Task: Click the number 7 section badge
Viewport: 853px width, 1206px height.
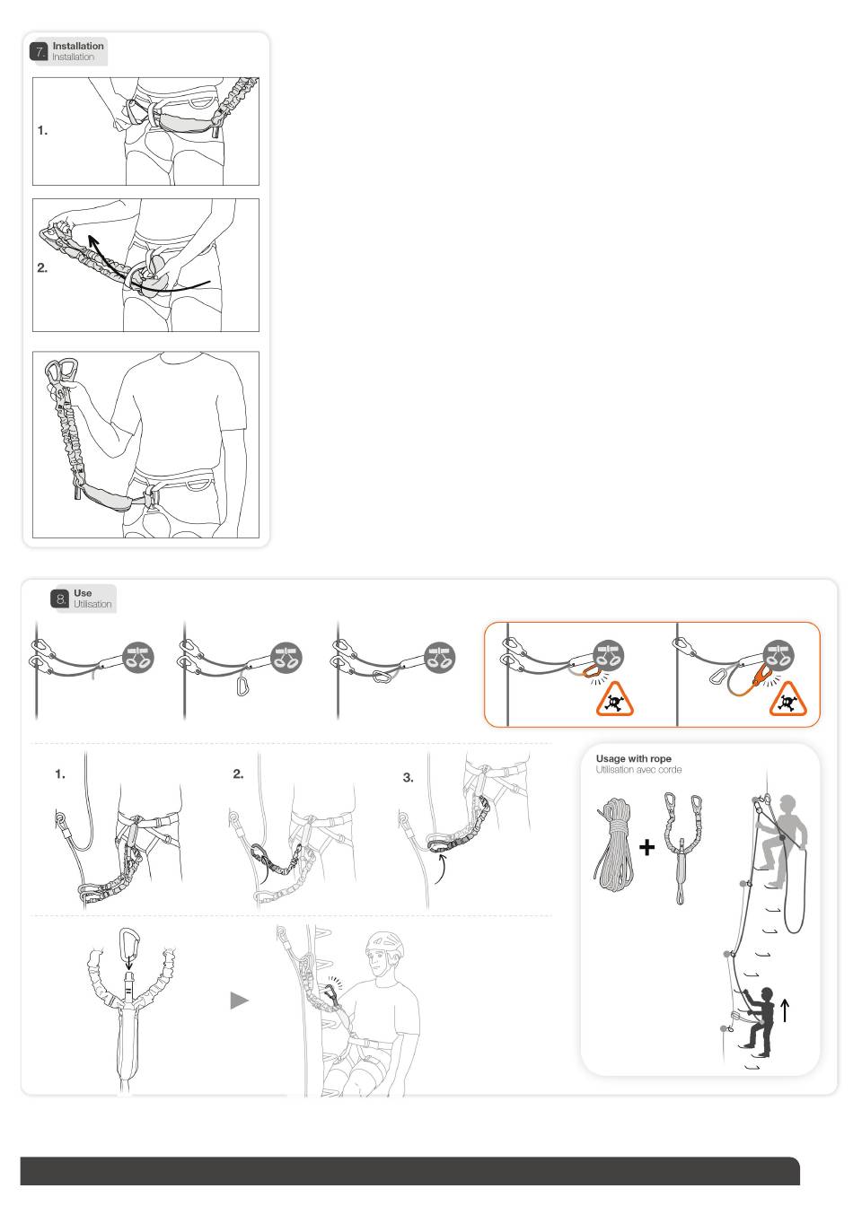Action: click(39, 52)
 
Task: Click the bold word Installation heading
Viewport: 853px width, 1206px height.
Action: click(78, 46)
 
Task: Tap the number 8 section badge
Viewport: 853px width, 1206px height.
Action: click(60, 599)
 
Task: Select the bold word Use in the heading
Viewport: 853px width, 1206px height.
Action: click(83, 593)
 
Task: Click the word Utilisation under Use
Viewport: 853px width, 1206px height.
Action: click(92, 604)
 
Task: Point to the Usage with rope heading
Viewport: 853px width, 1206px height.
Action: click(633, 758)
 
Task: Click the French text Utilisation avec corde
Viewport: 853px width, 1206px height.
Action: click(638, 770)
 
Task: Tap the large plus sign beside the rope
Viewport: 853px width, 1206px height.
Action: click(646, 848)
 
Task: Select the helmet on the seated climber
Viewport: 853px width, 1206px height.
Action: click(384, 945)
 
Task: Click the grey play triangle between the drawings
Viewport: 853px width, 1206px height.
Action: click(239, 1001)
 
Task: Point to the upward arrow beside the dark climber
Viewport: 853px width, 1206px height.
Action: click(785, 1010)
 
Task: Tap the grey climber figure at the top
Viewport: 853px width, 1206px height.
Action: click(784, 840)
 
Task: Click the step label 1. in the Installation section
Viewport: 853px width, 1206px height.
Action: click(42, 130)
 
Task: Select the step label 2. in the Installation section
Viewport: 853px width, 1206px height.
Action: click(42, 268)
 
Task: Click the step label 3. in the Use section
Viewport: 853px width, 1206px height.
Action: click(408, 777)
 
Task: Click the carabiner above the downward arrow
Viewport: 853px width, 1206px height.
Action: click(128, 940)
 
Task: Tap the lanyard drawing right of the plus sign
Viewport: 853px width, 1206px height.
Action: click(682, 848)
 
